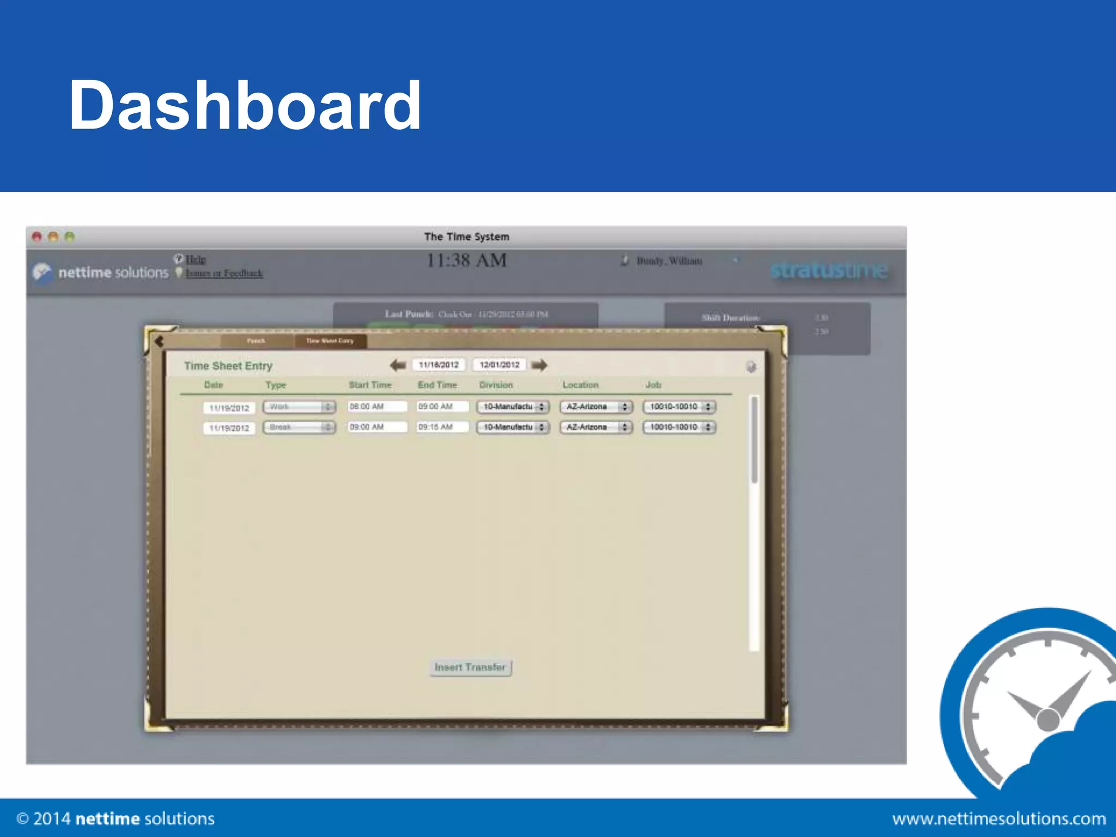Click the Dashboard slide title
tap(245, 105)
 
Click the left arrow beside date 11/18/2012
tap(398, 365)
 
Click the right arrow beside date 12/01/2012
tap(539, 365)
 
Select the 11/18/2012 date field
tap(439, 365)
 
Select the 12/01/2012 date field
tap(499, 365)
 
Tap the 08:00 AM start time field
tap(377, 407)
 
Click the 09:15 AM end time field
tap(442, 427)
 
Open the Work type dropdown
tap(299, 407)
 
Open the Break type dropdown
tap(299, 427)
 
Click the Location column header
tap(580, 385)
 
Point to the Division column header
tap(496, 385)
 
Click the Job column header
tap(653, 385)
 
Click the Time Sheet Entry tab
tap(330, 341)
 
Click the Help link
tap(196, 259)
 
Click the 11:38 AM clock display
tap(466, 260)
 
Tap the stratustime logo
tap(829, 270)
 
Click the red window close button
tap(37, 236)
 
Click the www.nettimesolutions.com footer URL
tap(999, 818)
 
